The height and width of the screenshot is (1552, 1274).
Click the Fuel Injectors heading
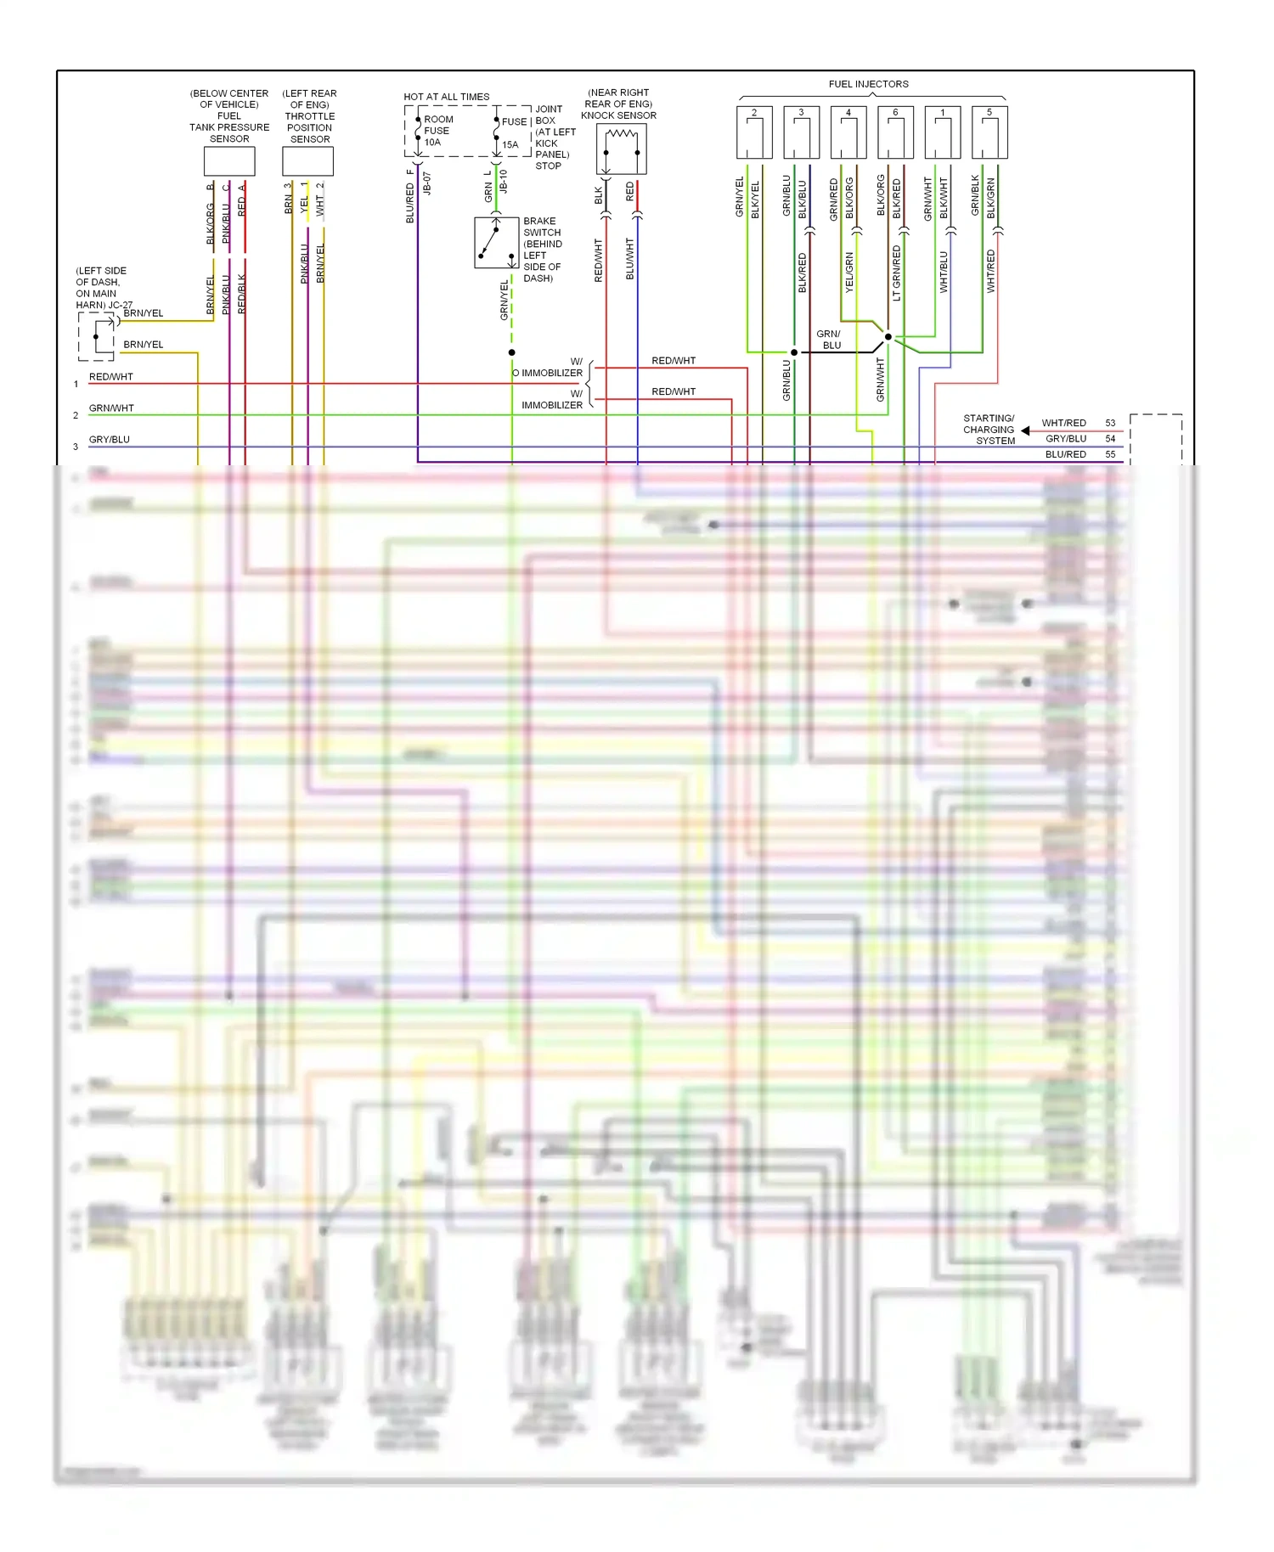click(x=868, y=84)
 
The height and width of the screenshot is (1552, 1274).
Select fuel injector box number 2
click(x=754, y=132)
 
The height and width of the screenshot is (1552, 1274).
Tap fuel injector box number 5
click(x=989, y=132)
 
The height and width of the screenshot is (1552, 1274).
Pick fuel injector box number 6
click(x=895, y=132)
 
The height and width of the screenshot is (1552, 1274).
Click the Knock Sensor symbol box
click(x=622, y=149)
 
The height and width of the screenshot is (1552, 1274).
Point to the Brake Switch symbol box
click(x=496, y=243)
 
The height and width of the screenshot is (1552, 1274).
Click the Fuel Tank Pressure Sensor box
click(x=229, y=160)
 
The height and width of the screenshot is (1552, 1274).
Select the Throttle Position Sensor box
click(x=307, y=160)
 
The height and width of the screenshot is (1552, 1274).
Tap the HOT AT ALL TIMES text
click(x=447, y=97)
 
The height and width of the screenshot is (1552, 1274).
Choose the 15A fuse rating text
click(x=510, y=145)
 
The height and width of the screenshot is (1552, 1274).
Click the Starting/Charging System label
click(x=989, y=430)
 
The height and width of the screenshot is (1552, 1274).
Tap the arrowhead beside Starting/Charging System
click(x=1026, y=430)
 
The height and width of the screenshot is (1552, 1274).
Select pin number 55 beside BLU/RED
click(x=1110, y=454)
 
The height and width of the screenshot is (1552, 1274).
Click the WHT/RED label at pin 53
click(x=1063, y=423)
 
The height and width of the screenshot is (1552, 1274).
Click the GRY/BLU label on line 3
click(x=110, y=440)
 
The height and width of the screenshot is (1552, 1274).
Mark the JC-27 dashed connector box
click(x=97, y=336)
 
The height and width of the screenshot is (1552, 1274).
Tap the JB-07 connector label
click(x=427, y=184)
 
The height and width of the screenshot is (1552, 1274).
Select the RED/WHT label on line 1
click(x=111, y=377)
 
